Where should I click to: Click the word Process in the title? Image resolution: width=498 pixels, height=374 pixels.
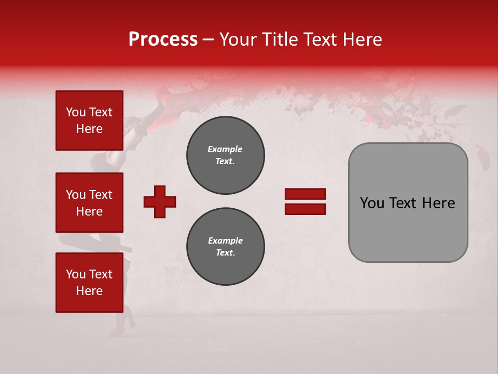tap(163, 39)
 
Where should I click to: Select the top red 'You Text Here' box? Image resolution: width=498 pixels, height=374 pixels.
tap(89, 121)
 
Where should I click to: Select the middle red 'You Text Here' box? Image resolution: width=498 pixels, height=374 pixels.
tap(89, 203)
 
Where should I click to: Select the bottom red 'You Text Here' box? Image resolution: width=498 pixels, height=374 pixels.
tap(89, 283)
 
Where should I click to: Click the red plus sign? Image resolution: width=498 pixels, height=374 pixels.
tap(160, 202)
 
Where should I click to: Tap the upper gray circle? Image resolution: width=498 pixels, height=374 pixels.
tap(226, 155)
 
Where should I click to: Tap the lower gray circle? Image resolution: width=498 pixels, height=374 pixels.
tap(226, 247)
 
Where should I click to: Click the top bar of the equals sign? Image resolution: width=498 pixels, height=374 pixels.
tap(305, 194)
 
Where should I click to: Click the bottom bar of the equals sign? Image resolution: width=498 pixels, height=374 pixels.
tap(305, 209)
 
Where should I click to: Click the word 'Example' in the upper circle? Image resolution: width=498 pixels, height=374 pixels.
tap(225, 149)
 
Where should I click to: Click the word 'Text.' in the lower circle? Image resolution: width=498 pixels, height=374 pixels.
tap(225, 253)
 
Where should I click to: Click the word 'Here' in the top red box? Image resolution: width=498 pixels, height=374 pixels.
tap(89, 129)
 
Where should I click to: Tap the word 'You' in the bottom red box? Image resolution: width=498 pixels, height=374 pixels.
tap(76, 274)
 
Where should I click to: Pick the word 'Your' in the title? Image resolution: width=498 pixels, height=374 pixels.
tap(238, 39)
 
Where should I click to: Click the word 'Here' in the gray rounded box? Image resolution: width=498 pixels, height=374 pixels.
tap(439, 203)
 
